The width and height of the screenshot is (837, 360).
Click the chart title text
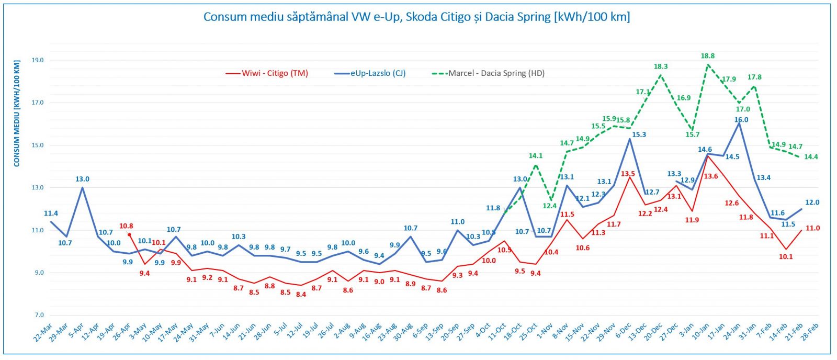pyautogui.click(x=416, y=17)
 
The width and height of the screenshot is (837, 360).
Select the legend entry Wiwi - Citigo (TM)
pyautogui.click(x=275, y=73)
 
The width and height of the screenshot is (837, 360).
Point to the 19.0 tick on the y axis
pyautogui.click(x=38, y=60)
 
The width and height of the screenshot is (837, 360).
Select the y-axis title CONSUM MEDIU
pyautogui.click(x=17, y=114)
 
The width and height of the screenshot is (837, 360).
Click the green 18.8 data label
pyautogui.click(x=708, y=56)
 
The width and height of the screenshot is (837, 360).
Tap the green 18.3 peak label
pyautogui.click(x=661, y=66)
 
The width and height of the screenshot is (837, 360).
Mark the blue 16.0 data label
pyautogui.click(x=741, y=120)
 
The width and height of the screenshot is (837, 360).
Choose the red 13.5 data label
pyautogui.click(x=628, y=174)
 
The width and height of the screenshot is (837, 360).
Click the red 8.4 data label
pyautogui.click(x=301, y=295)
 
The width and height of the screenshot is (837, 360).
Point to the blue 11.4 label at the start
pyautogui.click(x=51, y=213)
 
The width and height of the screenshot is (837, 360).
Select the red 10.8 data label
pyautogui.click(x=126, y=226)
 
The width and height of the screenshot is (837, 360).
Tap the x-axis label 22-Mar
pyautogui.click(x=43, y=332)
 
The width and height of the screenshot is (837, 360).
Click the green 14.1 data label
pyautogui.click(x=536, y=156)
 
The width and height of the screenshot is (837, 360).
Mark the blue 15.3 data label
pyautogui.click(x=639, y=134)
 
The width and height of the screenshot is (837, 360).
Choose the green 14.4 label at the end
pyautogui.click(x=811, y=157)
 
